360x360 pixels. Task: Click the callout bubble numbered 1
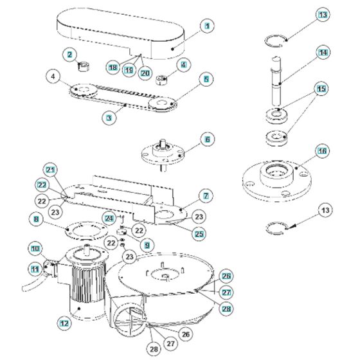pyautogui.click(x=207, y=26)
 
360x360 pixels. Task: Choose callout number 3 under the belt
pyautogui.click(x=110, y=118)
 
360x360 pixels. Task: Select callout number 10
pyautogui.click(x=35, y=249)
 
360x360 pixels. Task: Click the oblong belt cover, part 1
pyautogui.click(x=122, y=32)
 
